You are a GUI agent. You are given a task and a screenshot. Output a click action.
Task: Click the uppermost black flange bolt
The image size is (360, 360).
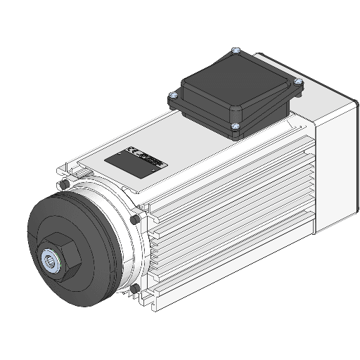[x=64, y=184]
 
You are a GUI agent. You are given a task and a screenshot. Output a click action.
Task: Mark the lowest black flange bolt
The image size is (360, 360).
[x=134, y=288]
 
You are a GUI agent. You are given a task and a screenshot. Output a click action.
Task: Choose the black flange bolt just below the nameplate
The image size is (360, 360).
[x=134, y=219]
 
